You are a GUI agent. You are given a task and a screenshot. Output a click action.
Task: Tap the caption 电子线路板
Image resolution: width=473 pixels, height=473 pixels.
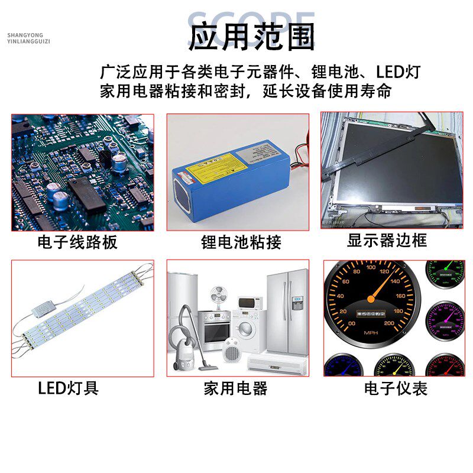(x=77, y=242)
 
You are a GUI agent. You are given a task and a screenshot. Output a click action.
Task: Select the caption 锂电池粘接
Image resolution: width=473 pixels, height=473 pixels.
(x=241, y=242)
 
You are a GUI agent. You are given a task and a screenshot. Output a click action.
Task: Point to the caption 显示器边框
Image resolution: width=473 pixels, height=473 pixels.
(x=387, y=241)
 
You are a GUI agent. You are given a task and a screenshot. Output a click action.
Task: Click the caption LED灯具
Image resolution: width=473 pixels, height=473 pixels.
(x=68, y=388)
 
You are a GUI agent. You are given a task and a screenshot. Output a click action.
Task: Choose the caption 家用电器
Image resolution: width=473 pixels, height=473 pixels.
(x=235, y=388)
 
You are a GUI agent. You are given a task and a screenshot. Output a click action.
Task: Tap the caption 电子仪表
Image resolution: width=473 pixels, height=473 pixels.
(x=396, y=388)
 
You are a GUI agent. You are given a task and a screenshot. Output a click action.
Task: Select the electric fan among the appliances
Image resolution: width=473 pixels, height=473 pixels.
(x=219, y=296)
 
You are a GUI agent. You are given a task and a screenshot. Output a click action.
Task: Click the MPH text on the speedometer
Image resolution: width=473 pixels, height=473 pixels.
(x=371, y=333)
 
